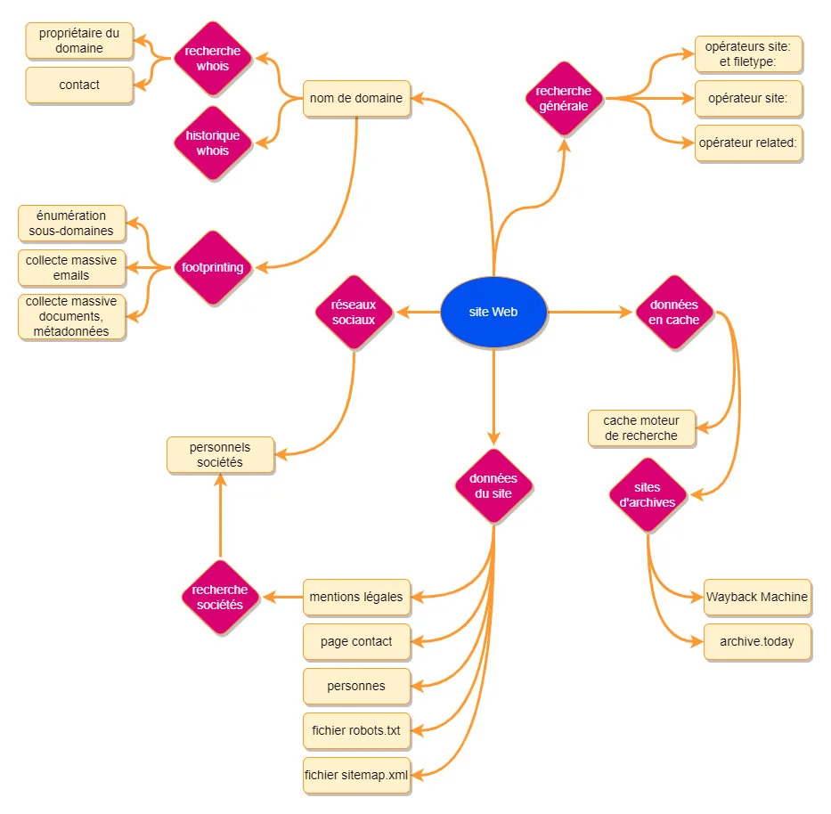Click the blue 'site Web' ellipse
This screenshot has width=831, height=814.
493,313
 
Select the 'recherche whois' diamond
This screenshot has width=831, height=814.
213,59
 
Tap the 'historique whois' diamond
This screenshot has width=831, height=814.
213,143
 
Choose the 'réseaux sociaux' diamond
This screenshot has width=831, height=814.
355,313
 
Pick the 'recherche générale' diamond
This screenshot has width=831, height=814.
564,99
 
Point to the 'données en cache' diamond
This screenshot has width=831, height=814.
674,313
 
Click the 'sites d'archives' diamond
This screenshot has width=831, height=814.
648,495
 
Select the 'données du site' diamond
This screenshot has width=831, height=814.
493,486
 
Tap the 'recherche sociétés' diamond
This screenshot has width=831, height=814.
220,597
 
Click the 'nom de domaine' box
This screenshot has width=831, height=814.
356,99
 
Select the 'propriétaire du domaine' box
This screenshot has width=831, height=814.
79,41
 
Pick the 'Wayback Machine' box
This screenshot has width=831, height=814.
757,597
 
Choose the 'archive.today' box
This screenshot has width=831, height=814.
757,642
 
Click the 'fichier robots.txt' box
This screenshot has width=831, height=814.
356,731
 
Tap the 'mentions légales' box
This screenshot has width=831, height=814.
356,597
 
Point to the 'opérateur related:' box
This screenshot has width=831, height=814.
748,143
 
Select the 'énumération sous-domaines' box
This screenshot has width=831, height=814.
71,224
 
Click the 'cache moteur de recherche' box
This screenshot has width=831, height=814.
641,428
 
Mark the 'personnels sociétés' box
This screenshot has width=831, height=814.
220,455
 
